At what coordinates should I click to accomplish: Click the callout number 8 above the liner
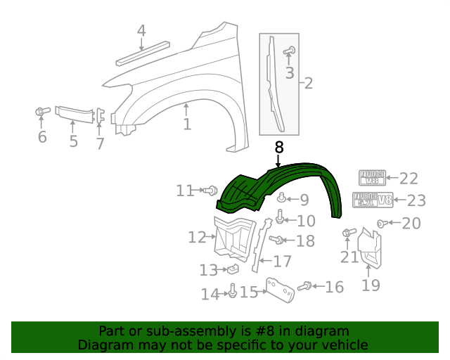279,148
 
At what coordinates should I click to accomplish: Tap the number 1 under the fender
187,125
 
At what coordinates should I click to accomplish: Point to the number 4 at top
141,31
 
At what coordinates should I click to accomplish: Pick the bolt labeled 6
41,112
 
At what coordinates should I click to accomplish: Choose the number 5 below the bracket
74,141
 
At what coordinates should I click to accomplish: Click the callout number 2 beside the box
308,84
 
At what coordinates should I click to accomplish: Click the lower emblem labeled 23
372,200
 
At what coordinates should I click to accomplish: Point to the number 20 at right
411,224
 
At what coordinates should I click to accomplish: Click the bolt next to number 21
347,233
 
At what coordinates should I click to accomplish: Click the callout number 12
197,238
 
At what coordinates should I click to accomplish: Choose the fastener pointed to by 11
210,191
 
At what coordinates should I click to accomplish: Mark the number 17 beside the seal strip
281,262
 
